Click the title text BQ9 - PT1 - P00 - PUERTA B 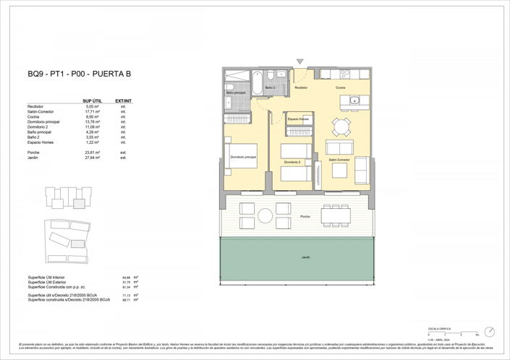[x=79, y=74]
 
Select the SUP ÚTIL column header [x=91, y=100]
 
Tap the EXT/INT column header [x=124, y=100]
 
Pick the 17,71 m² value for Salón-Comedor [x=92, y=112]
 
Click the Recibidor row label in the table [x=35, y=106]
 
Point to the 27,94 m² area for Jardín [x=92, y=157]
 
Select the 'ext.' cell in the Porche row [x=124, y=152]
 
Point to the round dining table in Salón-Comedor [x=341, y=127]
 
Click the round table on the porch [x=265, y=215]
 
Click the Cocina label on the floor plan [x=340, y=87]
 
